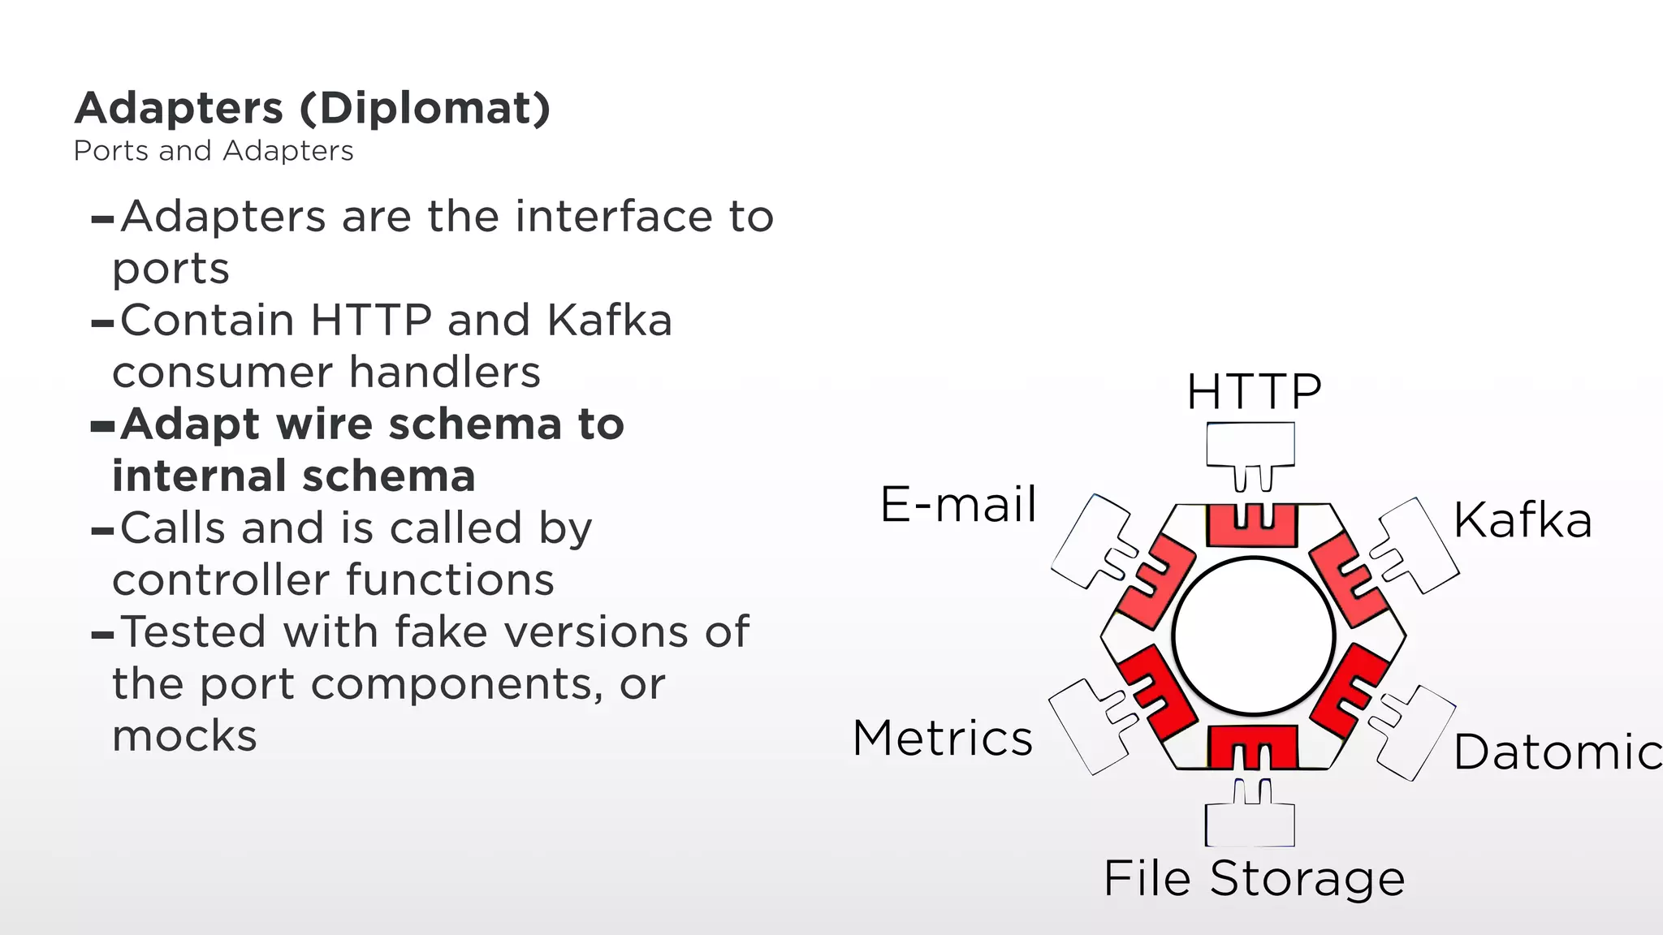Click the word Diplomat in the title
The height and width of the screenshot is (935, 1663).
[x=425, y=109]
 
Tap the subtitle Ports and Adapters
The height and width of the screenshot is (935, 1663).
[x=214, y=151]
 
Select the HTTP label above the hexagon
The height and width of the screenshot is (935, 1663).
[x=1254, y=392]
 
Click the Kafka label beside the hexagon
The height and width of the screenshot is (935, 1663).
[x=1523, y=520]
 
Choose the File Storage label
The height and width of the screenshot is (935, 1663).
[x=1254, y=878]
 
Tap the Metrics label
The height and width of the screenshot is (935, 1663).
[x=943, y=739]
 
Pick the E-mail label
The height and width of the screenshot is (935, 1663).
[x=958, y=504]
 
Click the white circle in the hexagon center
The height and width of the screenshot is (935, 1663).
[x=1254, y=636]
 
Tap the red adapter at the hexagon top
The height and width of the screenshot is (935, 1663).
[x=1252, y=524]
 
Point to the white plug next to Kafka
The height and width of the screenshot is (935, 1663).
[x=1417, y=545]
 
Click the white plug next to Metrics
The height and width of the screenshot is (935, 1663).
[x=1088, y=724]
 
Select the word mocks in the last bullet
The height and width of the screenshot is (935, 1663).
[x=185, y=736]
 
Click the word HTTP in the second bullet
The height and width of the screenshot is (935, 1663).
[x=371, y=321]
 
